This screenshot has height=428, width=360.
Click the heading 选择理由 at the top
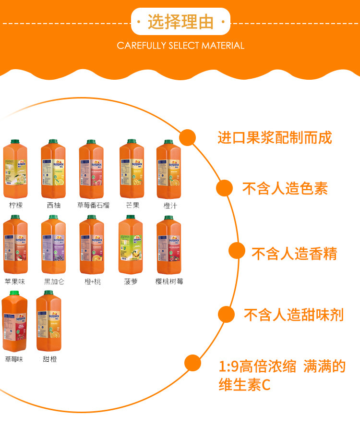point(180,22)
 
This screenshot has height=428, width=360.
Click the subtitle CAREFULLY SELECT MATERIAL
point(180,46)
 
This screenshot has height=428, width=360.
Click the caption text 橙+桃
point(92,281)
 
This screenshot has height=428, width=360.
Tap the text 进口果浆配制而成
point(275,138)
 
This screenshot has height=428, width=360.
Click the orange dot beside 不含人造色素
point(224,188)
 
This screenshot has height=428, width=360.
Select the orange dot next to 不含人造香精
point(237,251)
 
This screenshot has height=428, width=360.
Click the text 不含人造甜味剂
point(294,315)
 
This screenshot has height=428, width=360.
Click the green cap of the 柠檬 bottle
point(15,142)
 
